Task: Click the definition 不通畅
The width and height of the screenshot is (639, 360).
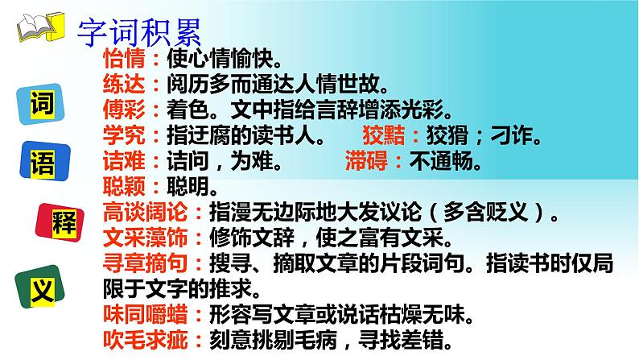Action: (445, 161)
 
